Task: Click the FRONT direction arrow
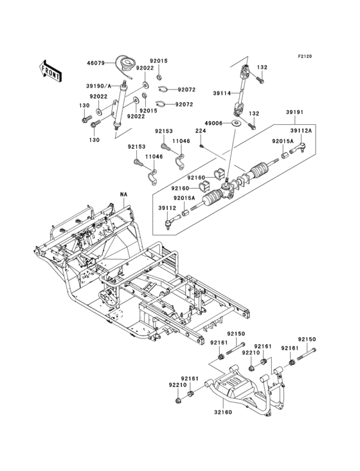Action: (50, 71)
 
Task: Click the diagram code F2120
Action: (305, 56)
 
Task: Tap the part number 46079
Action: (96, 63)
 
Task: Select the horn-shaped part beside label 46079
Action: (127, 64)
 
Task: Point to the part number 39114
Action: (222, 93)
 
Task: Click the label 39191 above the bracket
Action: (294, 113)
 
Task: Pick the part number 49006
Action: (213, 123)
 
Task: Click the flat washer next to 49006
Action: (237, 122)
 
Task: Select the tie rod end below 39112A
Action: (298, 147)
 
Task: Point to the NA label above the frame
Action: (123, 195)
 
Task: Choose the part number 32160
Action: (223, 412)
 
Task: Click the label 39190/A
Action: (99, 86)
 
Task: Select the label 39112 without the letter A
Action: (167, 208)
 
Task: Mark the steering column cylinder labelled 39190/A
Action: (118, 105)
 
